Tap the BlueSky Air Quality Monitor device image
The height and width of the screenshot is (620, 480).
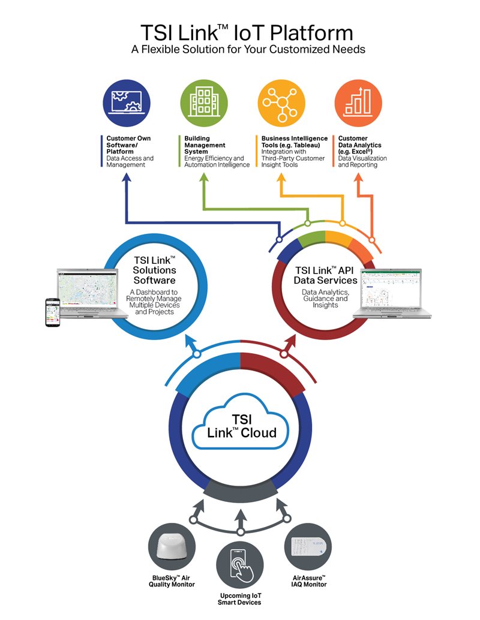pyautogui.click(x=172, y=548)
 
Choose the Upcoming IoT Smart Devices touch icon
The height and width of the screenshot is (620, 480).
pyautogui.click(x=240, y=565)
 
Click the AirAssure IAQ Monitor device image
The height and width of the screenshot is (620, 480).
pyautogui.click(x=308, y=548)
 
